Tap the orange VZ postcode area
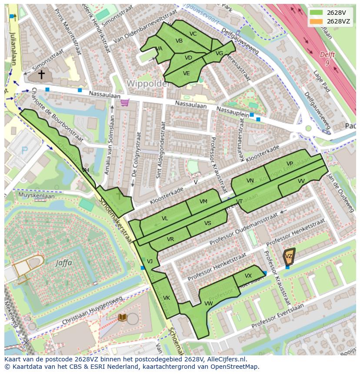[x=289, y=256]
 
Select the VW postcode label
[x=208, y=303]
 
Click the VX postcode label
[x=248, y=276]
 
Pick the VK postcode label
[x=166, y=298]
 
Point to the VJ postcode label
[x=150, y=261]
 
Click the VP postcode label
[x=290, y=163]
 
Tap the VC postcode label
[x=193, y=34]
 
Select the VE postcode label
[x=186, y=73]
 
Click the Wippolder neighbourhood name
[x=148, y=83]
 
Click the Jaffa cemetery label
[x=63, y=263]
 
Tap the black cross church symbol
[x=41, y=75]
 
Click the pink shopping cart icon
[x=125, y=103]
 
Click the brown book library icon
[x=123, y=318]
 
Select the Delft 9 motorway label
[x=327, y=59]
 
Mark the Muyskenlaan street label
[x=37, y=196]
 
